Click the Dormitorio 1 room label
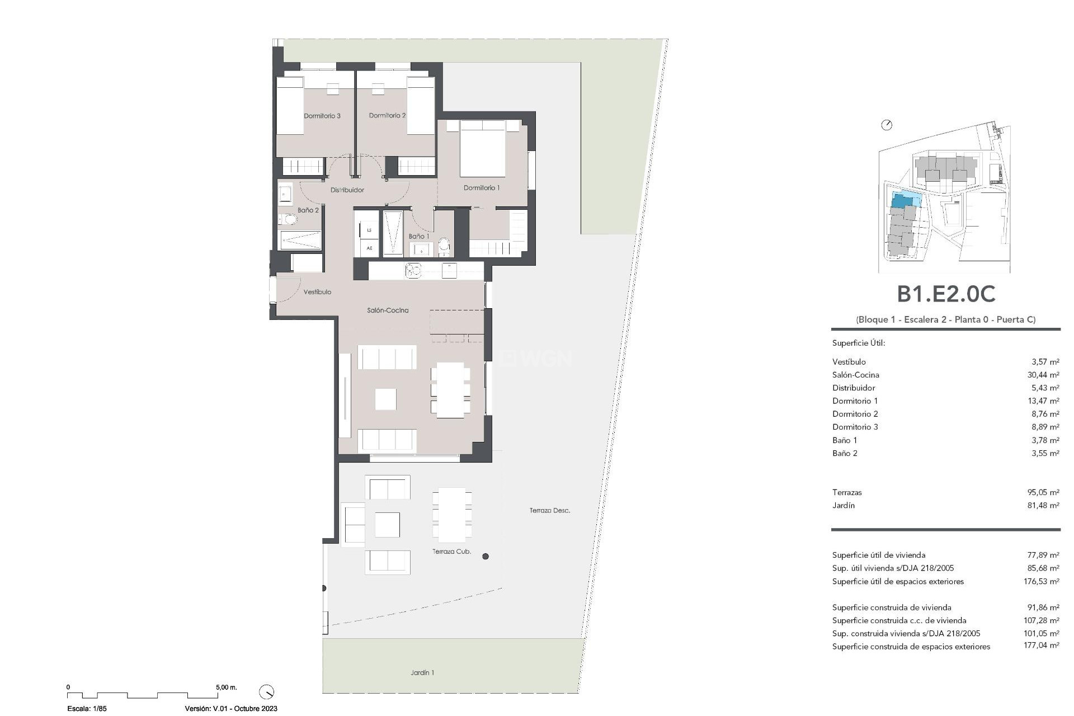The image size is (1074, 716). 481,188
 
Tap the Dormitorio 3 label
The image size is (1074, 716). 322,116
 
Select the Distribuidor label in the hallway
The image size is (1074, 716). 347,190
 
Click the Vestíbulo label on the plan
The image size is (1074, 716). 317,292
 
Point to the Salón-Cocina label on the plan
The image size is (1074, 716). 388,310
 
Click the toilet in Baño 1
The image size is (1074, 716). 444,245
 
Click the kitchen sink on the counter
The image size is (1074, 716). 413,271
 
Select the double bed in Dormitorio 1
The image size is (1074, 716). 482,150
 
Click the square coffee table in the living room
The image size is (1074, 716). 385,399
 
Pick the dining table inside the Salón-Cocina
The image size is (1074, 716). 450,390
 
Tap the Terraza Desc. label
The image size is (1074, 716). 550,510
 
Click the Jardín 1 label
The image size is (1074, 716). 422,672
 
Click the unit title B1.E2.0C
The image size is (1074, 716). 946,294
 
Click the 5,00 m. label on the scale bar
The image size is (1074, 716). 227,687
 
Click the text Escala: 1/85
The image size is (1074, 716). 87,708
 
